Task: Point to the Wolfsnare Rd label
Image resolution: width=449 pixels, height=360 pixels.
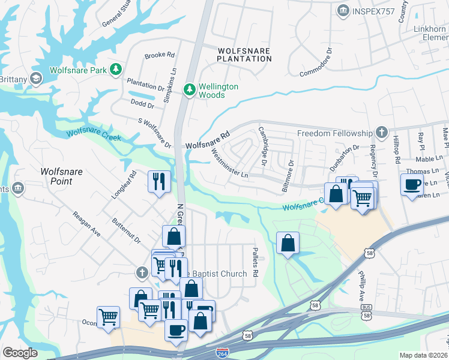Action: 208,140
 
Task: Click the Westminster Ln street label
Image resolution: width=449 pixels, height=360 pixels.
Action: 230,163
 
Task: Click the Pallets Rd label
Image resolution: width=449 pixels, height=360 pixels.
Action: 255,263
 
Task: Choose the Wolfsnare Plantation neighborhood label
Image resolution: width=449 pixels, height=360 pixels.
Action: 244,55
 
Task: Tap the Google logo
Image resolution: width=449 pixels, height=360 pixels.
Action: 20,353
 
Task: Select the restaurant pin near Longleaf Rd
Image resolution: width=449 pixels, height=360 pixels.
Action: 159,181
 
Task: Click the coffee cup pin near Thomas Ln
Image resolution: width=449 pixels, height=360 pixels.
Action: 412,184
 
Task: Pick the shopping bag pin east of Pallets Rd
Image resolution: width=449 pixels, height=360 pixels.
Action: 288,243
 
